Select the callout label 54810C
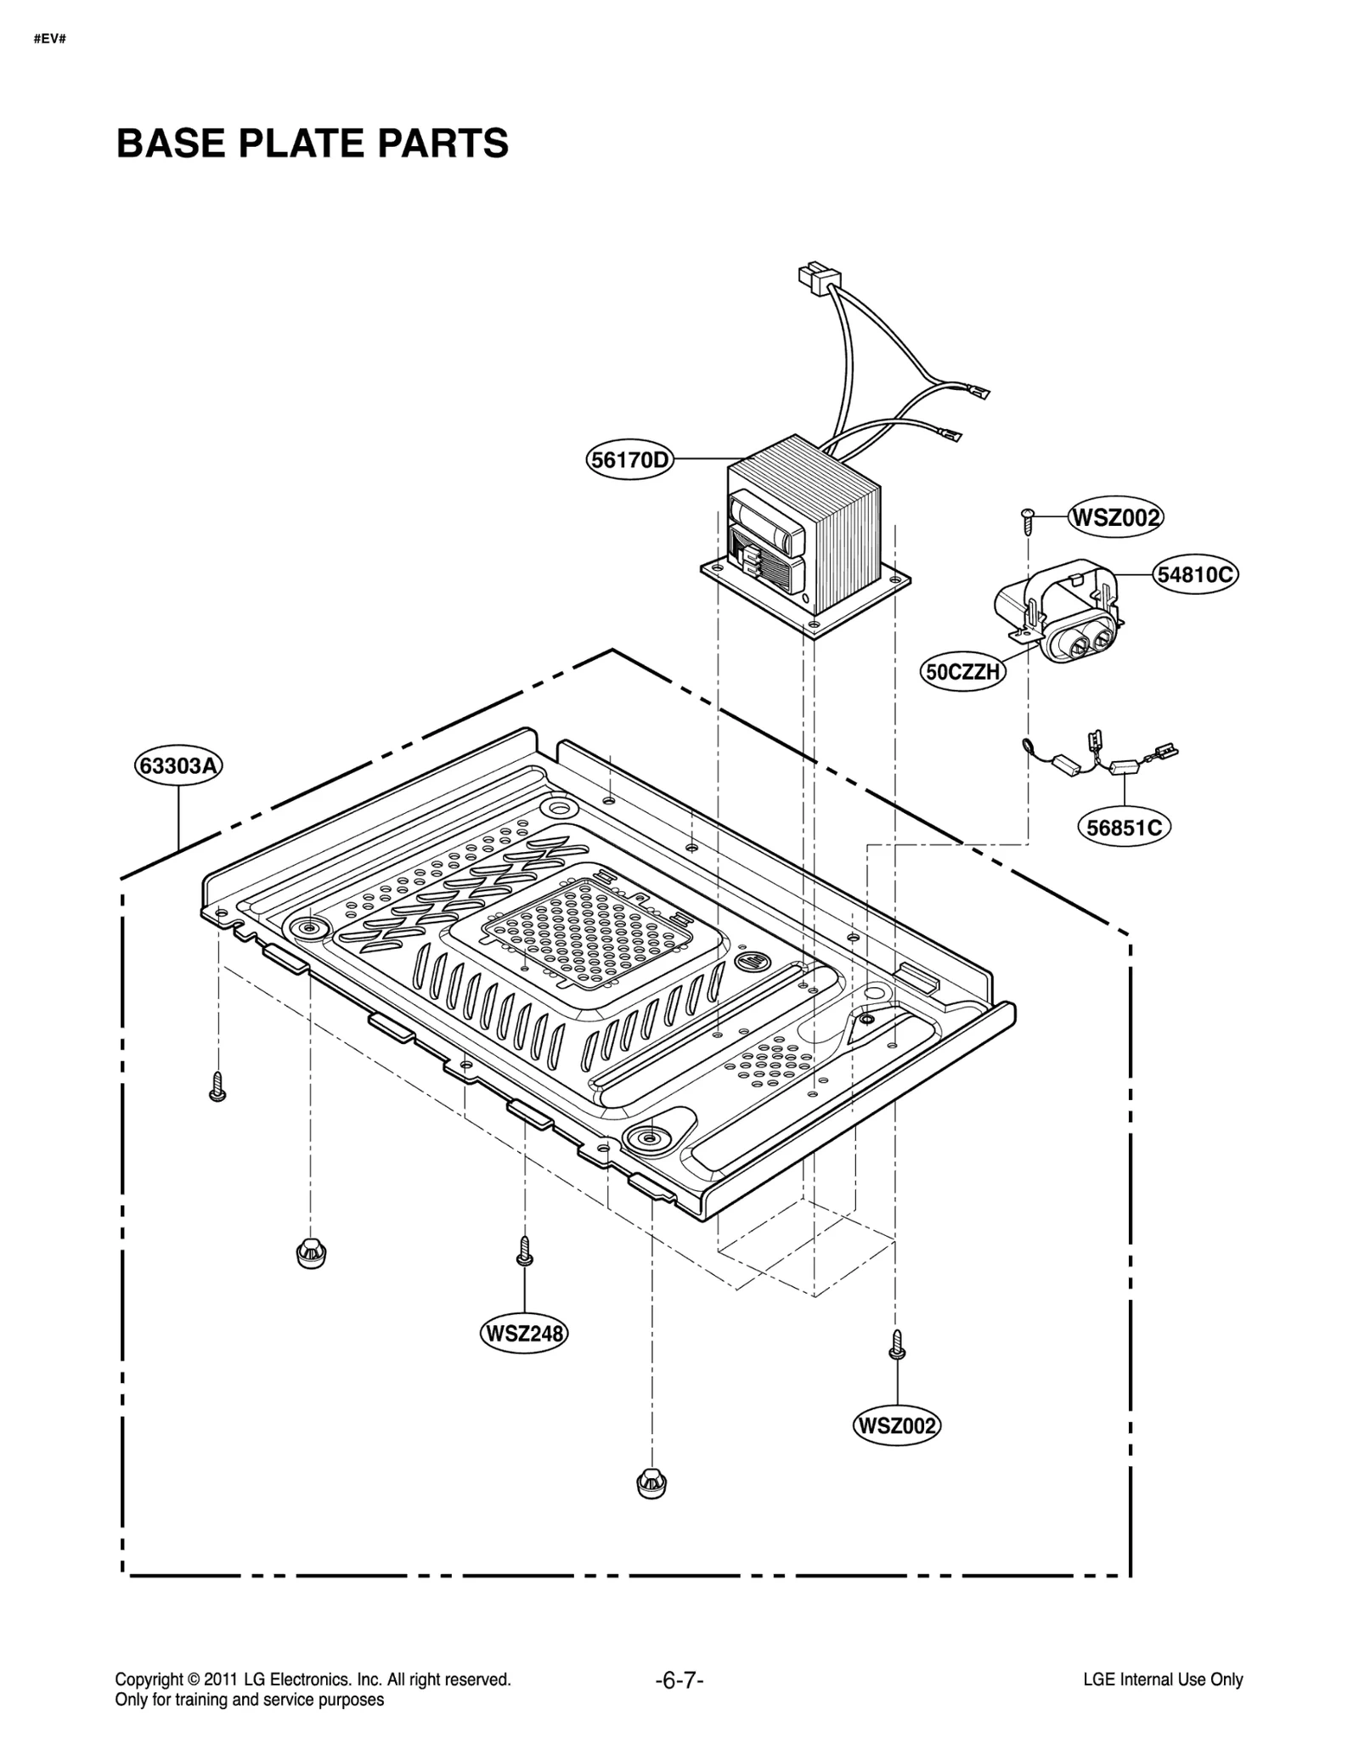click(x=1195, y=575)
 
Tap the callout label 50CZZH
click(x=963, y=672)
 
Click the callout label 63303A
click(x=178, y=765)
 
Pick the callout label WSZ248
click(x=524, y=1333)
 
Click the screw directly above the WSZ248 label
click(x=524, y=1251)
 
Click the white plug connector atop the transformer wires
click(x=817, y=278)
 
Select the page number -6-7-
click(x=679, y=1679)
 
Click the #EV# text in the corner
click(x=49, y=40)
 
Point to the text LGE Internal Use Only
click(x=1162, y=1679)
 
